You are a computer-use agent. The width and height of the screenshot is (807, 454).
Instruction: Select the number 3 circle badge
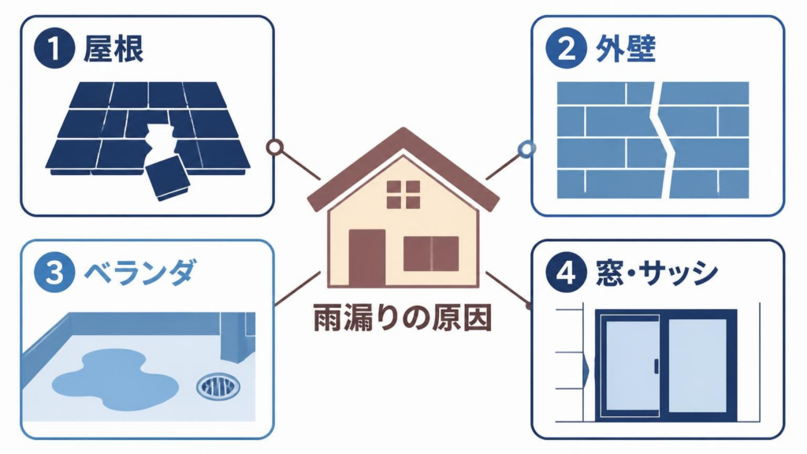tap(54, 272)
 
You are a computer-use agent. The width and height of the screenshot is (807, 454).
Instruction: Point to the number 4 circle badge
tap(566, 272)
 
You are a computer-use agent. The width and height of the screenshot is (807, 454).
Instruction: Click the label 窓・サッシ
tap(656, 272)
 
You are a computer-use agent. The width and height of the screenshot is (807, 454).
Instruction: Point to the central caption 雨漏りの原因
tap(403, 318)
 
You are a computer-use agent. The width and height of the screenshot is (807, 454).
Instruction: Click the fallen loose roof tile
tap(167, 180)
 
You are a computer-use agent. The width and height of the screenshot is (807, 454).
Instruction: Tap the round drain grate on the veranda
tap(218, 386)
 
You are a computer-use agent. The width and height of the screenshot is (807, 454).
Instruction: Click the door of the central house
tap(367, 258)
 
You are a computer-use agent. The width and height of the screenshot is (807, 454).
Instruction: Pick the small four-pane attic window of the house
tap(403, 195)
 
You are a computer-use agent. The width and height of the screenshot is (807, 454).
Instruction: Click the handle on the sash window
tap(656, 367)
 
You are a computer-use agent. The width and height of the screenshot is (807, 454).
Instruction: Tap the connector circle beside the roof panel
tap(275, 147)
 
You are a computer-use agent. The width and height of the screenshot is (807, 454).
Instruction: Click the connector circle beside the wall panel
tap(526, 149)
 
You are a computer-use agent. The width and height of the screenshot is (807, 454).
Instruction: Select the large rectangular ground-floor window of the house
tap(431, 254)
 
